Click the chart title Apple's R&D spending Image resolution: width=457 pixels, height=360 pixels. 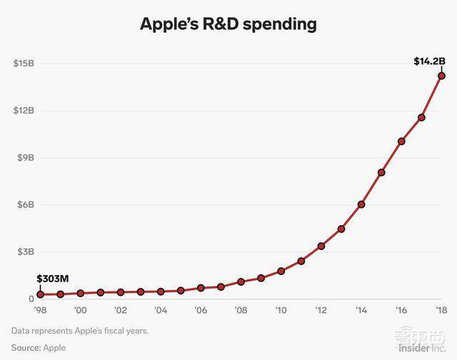point(228,24)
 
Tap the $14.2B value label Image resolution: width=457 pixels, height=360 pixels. point(431,61)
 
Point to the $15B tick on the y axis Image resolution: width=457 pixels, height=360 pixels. point(24,64)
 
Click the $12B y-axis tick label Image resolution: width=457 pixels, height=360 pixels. point(24,111)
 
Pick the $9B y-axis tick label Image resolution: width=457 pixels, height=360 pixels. point(25,158)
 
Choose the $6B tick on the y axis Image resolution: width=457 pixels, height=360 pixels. point(25,205)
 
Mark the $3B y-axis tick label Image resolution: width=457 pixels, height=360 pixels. point(25,252)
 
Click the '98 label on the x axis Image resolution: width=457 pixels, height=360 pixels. point(40,311)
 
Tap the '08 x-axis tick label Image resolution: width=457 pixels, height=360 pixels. point(241,311)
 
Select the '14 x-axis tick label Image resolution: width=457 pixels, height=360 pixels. point(361,311)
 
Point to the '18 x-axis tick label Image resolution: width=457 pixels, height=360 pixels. point(441,311)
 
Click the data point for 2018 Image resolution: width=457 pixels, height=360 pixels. point(441,76)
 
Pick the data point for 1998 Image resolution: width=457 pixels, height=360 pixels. point(41,294)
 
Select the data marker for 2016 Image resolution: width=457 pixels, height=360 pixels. point(401,141)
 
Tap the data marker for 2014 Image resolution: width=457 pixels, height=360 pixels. point(361,204)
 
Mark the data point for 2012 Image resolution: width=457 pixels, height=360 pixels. point(321,246)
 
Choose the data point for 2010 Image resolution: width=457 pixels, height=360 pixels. point(281,271)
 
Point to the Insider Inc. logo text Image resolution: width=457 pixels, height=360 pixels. point(421,347)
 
